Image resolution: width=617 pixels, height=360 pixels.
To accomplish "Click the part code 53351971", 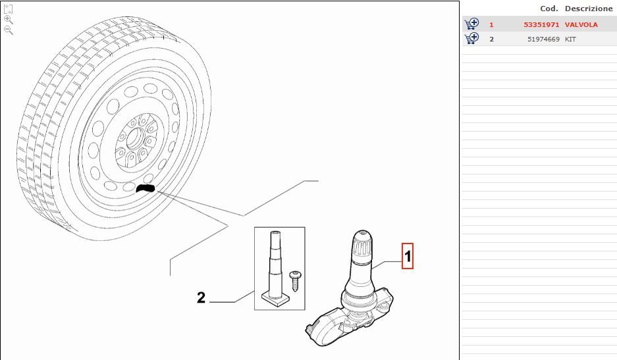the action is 541,24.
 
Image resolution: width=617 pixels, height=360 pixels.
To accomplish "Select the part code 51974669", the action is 543,39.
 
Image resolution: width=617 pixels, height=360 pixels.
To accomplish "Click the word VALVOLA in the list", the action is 581,24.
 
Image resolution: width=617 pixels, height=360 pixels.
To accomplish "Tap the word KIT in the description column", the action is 570,39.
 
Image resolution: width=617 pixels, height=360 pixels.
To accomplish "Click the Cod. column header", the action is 549,9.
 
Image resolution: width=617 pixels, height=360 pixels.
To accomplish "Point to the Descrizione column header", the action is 589,9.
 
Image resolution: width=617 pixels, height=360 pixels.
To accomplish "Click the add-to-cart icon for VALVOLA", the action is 471,24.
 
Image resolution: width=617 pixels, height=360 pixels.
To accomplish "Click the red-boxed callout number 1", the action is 407,256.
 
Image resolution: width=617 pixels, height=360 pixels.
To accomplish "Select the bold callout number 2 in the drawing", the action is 201,297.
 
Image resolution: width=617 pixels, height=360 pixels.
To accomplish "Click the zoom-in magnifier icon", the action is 9,20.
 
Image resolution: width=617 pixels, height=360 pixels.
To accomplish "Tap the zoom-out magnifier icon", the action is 9,30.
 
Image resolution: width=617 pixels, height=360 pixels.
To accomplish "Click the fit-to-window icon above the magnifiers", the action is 9,9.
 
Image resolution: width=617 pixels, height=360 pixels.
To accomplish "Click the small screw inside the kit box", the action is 295,280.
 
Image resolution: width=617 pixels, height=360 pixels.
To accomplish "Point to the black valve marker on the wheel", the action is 146,188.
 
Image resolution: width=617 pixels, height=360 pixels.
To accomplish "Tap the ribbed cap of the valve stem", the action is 362,244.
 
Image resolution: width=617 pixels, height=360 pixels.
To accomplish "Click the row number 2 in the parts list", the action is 491,39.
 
